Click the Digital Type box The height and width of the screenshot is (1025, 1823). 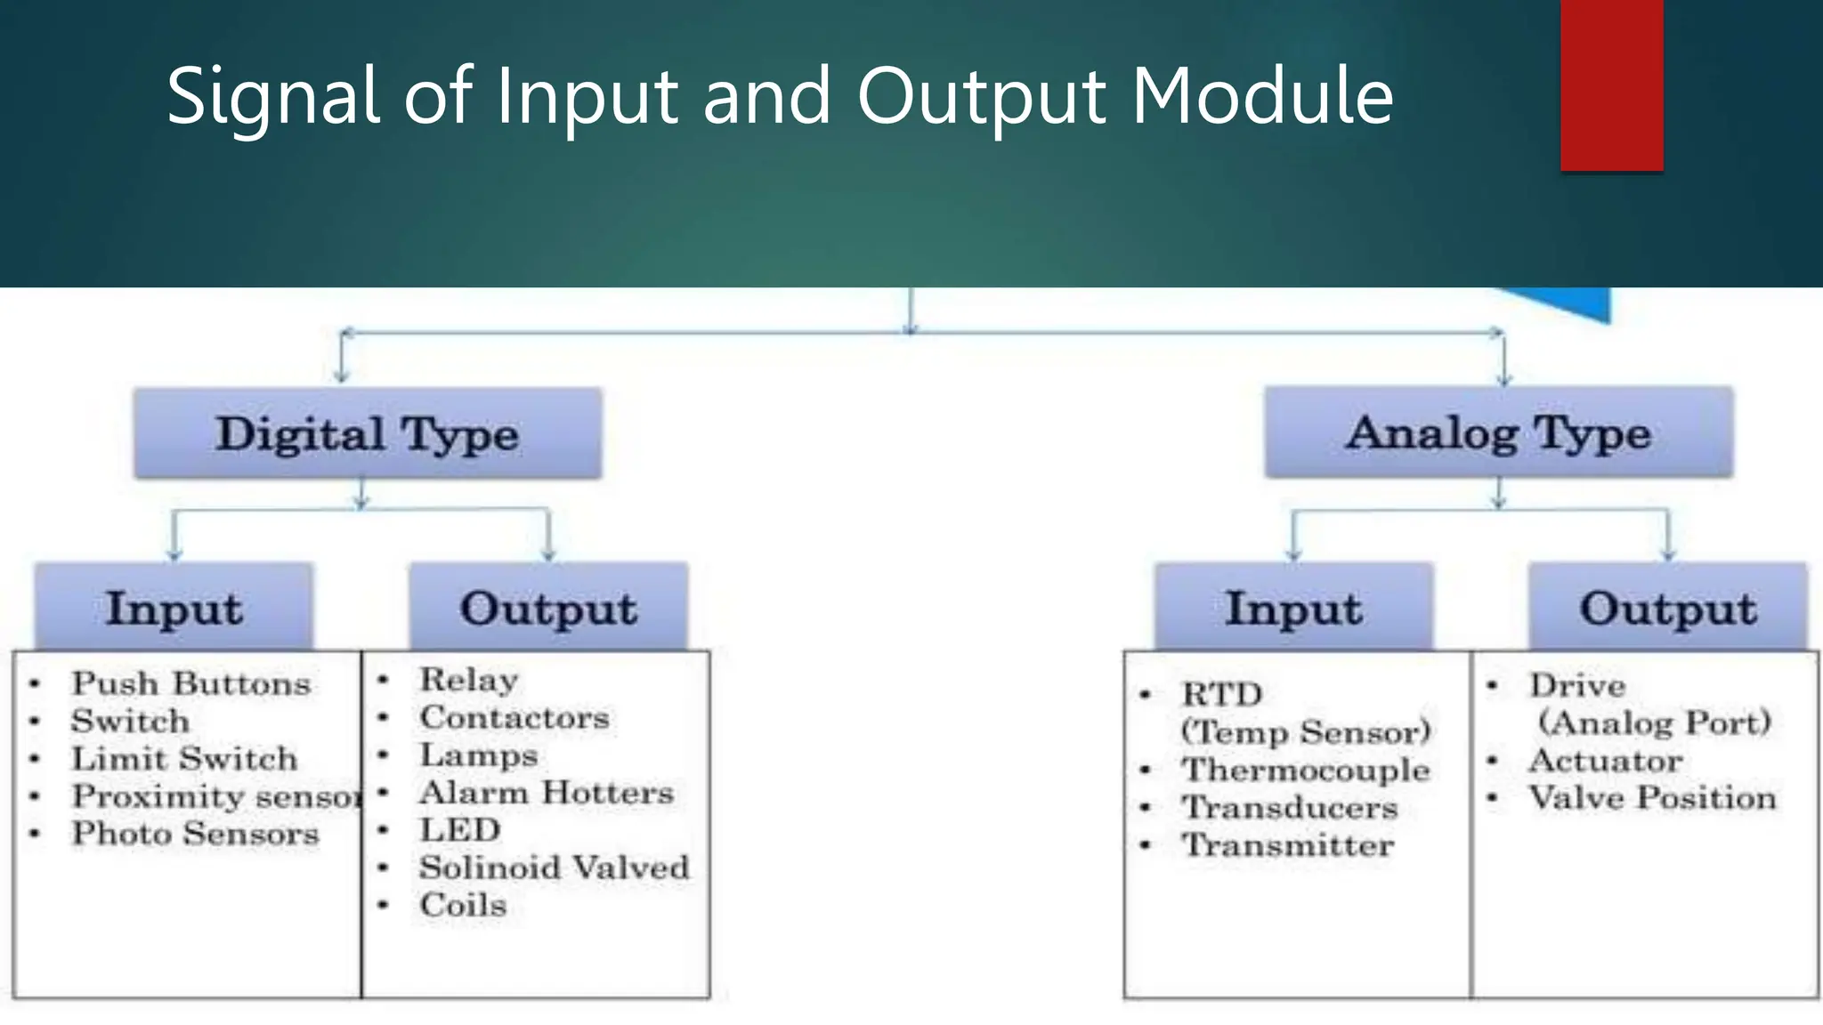(367, 434)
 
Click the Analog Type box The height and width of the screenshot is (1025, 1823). (1498, 433)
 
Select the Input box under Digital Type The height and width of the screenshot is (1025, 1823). (174, 608)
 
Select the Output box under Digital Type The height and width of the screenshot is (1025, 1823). (548, 608)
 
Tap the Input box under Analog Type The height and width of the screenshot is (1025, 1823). (1293, 608)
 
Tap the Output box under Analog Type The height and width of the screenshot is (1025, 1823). (1668, 608)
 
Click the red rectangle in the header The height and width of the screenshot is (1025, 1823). (1611, 85)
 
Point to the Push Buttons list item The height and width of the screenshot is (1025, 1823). (190, 683)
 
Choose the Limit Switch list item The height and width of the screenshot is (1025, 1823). (184, 759)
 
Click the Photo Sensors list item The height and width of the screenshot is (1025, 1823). (195, 834)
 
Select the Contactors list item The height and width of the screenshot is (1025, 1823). (514, 717)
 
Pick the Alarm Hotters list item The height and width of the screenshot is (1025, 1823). (547, 792)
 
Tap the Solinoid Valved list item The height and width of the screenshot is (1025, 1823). (555, 868)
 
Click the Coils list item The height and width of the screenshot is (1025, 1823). (463, 905)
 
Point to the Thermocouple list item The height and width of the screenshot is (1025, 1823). (1305, 770)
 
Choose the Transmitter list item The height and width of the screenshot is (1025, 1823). (1287, 845)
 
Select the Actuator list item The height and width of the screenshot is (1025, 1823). (1605, 761)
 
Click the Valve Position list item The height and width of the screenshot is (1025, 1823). (1652, 798)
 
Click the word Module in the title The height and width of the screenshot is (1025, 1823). (1262, 95)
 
